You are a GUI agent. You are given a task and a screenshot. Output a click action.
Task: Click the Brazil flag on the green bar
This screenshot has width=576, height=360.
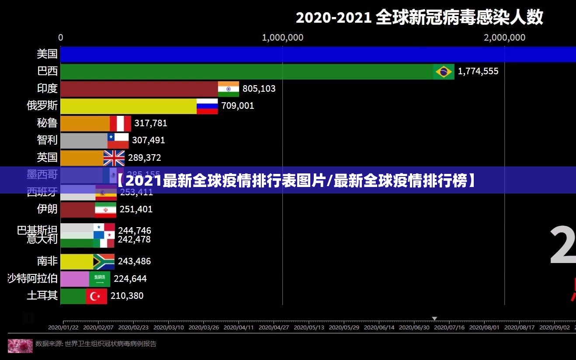[444, 72]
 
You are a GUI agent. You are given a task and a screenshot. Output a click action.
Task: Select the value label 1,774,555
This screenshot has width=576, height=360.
[478, 71]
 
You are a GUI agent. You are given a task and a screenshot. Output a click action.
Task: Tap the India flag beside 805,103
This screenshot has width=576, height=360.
[229, 89]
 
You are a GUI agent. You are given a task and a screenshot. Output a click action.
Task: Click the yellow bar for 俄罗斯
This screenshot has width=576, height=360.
[128, 106]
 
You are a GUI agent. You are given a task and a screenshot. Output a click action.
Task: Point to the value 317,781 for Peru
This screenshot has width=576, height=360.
[151, 123]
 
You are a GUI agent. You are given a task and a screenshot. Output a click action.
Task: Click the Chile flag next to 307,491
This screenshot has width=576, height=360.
[118, 141]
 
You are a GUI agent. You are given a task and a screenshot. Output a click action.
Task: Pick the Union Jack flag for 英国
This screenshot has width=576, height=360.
[114, 158]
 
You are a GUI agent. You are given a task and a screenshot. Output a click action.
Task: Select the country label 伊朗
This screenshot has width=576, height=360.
[47, 209]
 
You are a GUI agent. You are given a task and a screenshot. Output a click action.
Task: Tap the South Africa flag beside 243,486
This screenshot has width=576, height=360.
[104, 261]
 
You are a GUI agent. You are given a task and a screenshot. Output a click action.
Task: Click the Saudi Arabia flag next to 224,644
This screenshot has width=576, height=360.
[100, 279]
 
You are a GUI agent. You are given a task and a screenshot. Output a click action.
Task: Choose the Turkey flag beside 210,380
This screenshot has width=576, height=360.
[96, 296]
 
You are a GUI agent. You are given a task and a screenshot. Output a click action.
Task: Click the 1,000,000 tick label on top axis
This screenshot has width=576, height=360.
[282, 38]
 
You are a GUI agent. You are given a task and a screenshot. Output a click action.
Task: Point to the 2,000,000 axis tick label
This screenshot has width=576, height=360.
[504, 38]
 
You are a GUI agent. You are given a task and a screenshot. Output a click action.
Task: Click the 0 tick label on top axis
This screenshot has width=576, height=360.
[61, 38]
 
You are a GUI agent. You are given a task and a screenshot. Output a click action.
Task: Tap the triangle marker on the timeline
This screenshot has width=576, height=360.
[434, 318]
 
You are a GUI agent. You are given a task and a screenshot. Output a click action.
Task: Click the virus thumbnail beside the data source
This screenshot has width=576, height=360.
[20, 345]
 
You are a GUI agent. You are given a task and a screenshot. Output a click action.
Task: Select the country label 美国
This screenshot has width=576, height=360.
[47, 54]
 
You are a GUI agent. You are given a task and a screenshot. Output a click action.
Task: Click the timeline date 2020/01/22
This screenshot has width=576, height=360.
[63, 327]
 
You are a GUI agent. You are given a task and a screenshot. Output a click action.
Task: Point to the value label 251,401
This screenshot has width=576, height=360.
[136, 209]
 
